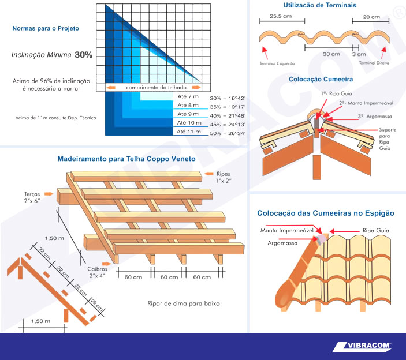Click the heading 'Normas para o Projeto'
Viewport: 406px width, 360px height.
pos(46,28)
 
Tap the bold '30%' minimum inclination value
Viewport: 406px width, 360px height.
pos(84,55)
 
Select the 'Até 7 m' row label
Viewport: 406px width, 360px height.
pos(188,96)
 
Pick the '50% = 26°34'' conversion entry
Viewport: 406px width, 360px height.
pos(228,133)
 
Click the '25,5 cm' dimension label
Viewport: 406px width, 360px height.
pos(281,16)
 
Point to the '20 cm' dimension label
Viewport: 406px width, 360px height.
pos(371,17)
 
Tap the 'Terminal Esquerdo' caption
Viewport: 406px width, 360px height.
pos(277,63)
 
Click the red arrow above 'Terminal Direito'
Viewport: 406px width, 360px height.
pos(383,52)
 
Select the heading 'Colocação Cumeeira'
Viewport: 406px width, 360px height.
pos(321,79)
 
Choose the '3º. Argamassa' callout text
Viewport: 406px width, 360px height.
pos(375,117)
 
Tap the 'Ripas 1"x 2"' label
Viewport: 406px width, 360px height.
pos(224,177)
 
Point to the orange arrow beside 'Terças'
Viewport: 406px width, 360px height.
pos(49,194)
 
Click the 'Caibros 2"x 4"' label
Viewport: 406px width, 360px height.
pos(97,272)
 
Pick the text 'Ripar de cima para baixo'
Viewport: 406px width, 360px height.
pos(184,303)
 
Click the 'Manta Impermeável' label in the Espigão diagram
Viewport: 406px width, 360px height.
pos(287,230)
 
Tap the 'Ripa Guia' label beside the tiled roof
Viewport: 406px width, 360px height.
pos(376,230)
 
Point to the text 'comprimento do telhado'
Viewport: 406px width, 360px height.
pos(156,88)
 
